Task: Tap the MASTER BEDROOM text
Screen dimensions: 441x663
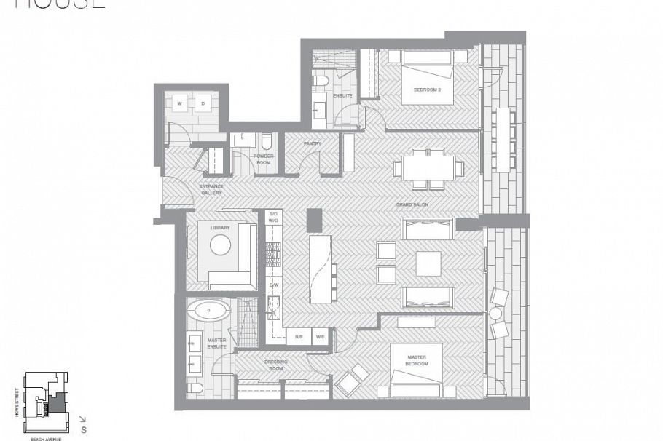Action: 417,360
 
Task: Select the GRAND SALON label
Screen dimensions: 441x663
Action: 412,204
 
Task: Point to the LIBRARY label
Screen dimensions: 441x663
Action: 220,228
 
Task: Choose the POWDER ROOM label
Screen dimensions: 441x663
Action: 262,159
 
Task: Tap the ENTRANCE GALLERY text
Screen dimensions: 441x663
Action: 211,189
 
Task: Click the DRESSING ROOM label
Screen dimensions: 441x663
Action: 275,364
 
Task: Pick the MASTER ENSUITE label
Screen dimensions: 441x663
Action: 216,343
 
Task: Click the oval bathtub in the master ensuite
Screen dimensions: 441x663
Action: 208,311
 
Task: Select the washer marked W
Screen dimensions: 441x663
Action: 178,103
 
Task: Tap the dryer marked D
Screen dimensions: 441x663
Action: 203,103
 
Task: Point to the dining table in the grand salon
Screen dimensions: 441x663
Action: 428,168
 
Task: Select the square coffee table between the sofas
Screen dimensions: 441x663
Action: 428,263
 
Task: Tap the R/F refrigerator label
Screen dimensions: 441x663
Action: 298,336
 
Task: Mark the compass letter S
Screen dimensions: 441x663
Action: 84,429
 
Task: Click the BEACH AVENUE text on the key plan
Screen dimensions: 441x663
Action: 44,438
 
